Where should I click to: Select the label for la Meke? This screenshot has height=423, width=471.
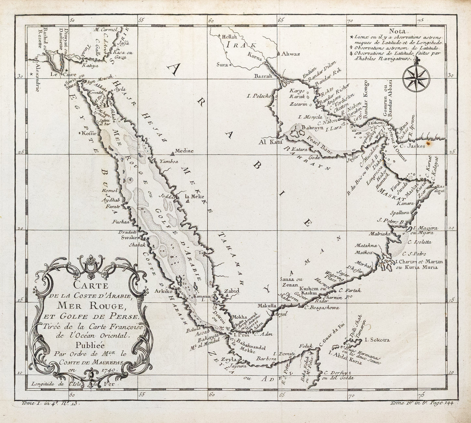point(194,196)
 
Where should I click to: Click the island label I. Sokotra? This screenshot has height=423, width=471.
point(377,340)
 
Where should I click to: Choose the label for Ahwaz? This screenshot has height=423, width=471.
point(290,54)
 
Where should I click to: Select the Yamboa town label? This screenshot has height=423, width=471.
point(167,161)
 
